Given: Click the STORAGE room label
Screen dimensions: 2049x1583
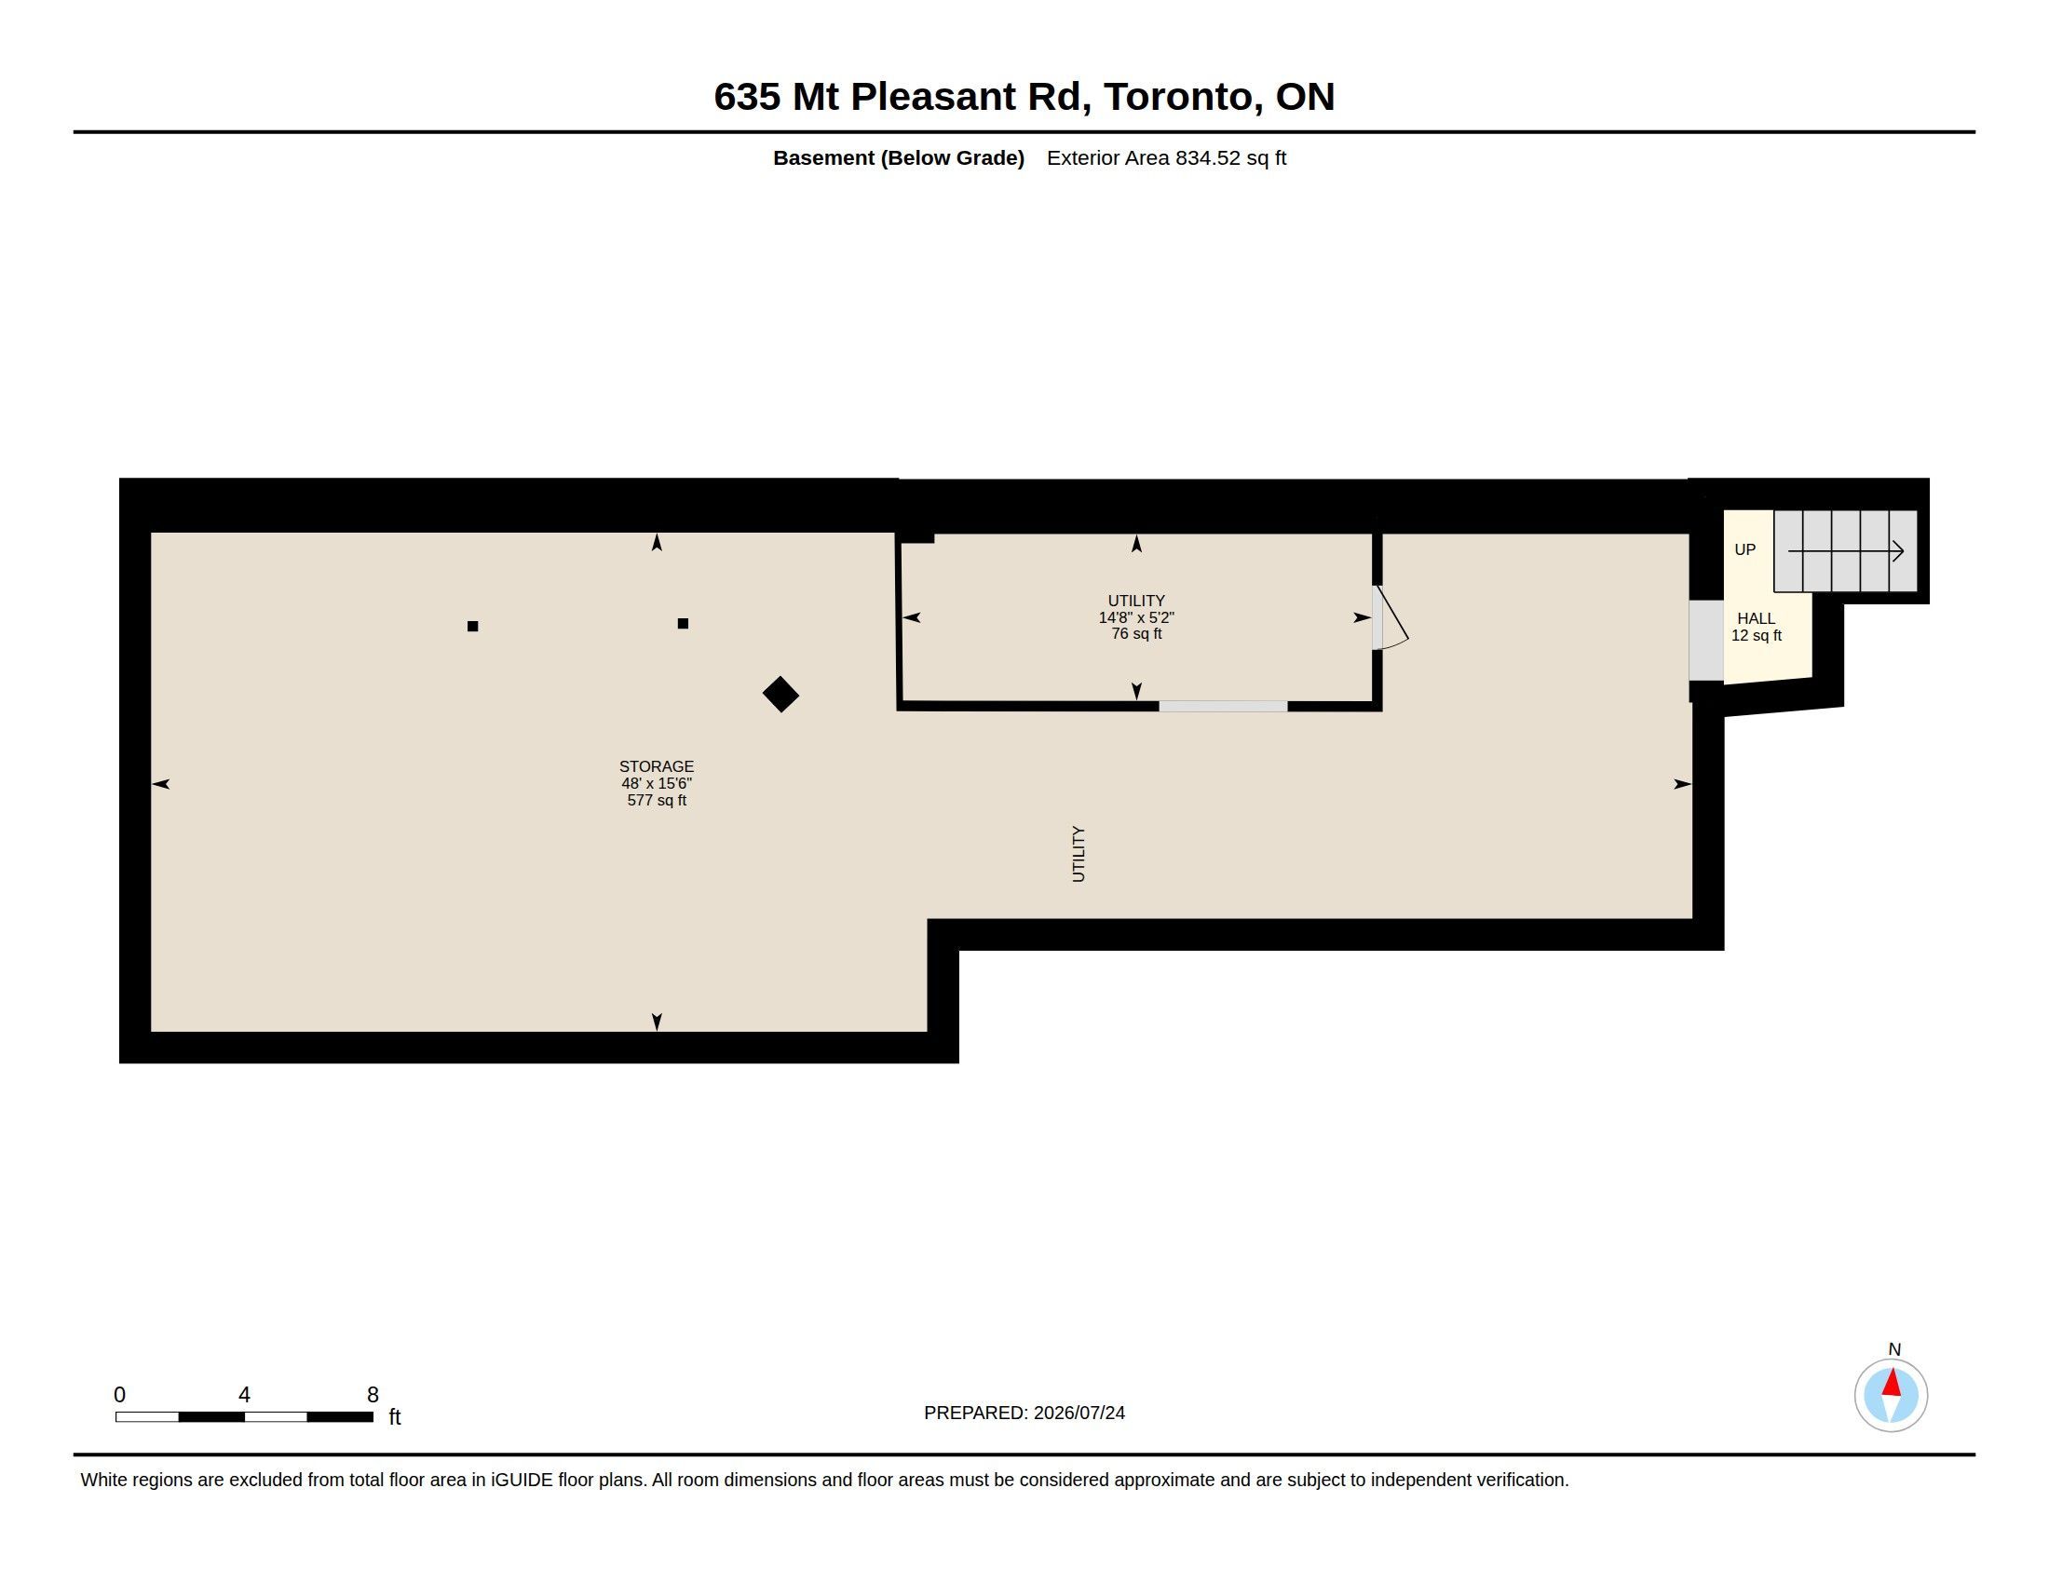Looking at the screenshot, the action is tap(656, 766).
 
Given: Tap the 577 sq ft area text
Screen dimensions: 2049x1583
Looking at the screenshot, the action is tap(657, 800).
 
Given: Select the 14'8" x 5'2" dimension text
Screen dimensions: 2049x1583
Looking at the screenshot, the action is tap(1136, 617).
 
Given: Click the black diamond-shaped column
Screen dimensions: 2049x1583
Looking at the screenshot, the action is tap(780, 695).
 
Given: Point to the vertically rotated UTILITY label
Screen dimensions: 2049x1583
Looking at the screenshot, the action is tap(1078, 853).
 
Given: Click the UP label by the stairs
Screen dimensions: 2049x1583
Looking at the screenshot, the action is tap(1745, 549).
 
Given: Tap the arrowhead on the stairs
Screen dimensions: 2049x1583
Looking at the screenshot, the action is tap(1897, 551).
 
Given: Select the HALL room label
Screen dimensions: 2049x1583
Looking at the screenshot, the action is tap(1757, 618).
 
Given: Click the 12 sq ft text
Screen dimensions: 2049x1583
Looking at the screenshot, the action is tap(1757, 635).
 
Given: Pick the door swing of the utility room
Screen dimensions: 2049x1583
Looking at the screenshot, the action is tap(1392, 617).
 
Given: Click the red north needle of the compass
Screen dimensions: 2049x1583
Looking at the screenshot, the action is tap(1892, 1382).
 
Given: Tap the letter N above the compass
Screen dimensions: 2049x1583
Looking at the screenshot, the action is tap(1894, 1349).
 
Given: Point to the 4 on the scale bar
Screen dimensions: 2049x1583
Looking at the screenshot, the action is tap(244, 1395).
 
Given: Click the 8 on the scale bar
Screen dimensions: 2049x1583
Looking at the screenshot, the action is tap(373, 1395).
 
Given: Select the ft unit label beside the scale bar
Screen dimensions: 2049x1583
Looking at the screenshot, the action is tap(395, 1416).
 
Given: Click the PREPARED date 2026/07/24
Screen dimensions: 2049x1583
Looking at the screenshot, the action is tap(1079, 1413).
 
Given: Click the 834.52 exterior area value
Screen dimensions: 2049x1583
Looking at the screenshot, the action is tap(1208, 157).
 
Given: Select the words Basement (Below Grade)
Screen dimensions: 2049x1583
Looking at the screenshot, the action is tap(898, 157).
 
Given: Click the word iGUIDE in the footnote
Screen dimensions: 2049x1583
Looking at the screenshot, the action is tap(522, 1480).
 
